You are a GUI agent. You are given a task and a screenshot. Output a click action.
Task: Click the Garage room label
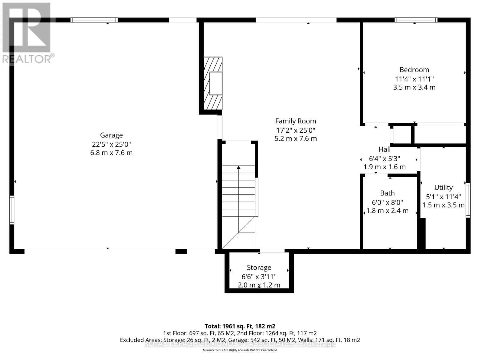[x=111, y=135]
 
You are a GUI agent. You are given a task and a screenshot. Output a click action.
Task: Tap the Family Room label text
[x=295, y=121]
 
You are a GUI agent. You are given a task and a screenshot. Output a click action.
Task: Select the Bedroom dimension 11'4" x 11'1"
[x=414, y=79]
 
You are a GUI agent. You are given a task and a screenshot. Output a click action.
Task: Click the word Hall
[x=384, y=149]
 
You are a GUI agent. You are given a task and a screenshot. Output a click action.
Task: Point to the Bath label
[x=387, y=193]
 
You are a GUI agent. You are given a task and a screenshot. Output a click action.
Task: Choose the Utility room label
[x=443, y=188]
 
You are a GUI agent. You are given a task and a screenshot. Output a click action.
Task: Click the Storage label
[x=259, y=268]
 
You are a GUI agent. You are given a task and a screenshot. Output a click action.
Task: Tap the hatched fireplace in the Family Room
[x=213, y=83]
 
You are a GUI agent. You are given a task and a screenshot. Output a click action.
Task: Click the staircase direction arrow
[x=238, y=168]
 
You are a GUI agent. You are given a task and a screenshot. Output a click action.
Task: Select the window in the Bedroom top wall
[x=415, y=20]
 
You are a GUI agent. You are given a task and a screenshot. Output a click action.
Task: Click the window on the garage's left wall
[x=12, y=210]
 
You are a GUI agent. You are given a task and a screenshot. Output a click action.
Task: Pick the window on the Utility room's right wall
[x=468, y=200]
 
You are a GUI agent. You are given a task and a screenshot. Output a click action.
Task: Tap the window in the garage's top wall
[x=94, y=20]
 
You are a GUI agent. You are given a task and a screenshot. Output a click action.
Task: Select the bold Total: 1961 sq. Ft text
[x=240, y=326]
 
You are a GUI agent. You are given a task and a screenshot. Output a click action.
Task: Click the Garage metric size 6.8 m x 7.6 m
[x=111, y=153]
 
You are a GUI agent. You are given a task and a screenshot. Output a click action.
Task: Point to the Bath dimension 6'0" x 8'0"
[x=387, y=202]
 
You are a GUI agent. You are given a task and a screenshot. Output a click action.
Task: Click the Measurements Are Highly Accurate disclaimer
[x=240, y=350]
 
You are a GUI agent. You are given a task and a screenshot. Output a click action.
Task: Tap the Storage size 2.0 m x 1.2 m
[x=259, y=285]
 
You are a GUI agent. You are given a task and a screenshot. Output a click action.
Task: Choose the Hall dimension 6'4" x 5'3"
[x=384, y=159]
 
